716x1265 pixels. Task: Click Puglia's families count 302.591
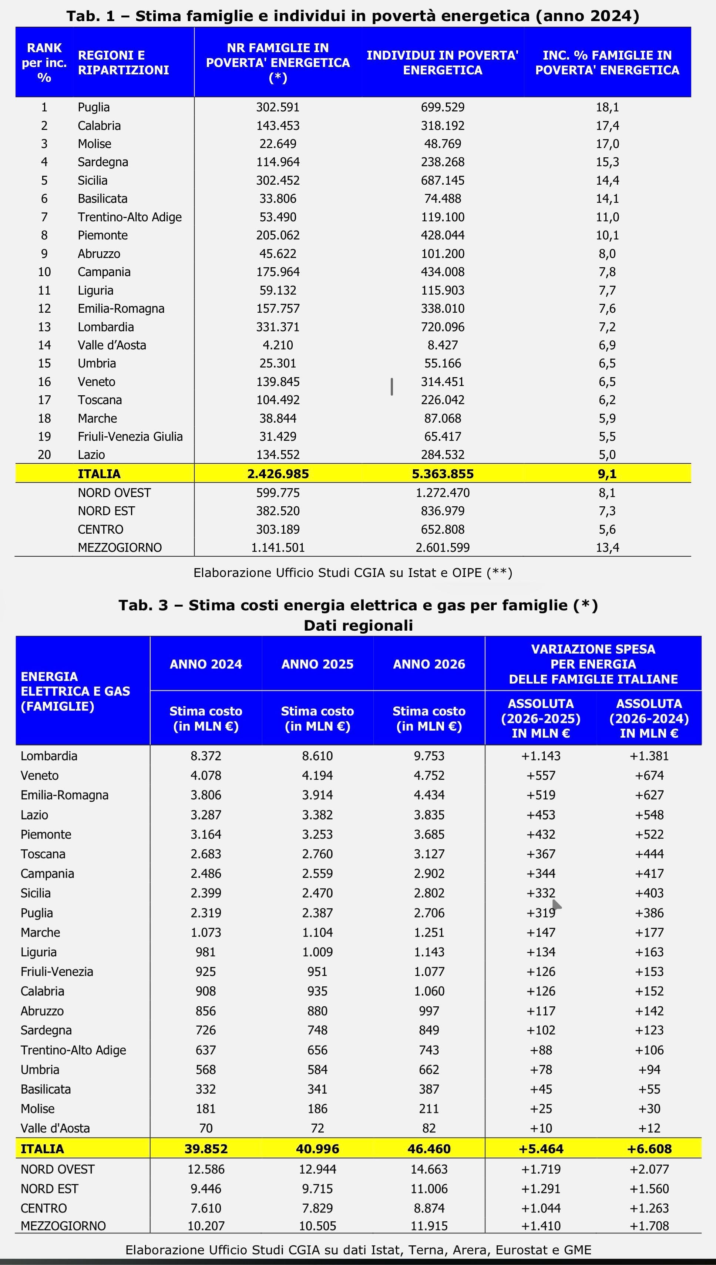278,107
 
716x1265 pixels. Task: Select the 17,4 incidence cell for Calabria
607,125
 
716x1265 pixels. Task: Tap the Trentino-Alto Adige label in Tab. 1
130,217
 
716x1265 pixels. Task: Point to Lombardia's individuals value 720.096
442,326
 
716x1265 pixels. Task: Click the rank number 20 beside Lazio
44,454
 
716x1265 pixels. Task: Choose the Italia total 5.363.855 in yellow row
442,474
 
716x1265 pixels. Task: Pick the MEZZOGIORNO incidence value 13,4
607,547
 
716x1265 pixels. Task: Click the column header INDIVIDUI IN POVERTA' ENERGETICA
442,63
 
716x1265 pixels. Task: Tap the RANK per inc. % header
44,63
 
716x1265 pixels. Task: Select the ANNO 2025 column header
317,664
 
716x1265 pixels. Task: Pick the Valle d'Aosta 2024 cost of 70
206,1128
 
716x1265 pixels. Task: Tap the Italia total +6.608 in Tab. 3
649,1149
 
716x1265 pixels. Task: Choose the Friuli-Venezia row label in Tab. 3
57,972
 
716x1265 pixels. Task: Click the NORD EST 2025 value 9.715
317,1189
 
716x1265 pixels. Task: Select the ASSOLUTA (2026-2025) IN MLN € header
541,718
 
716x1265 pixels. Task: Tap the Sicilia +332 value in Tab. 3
541,893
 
